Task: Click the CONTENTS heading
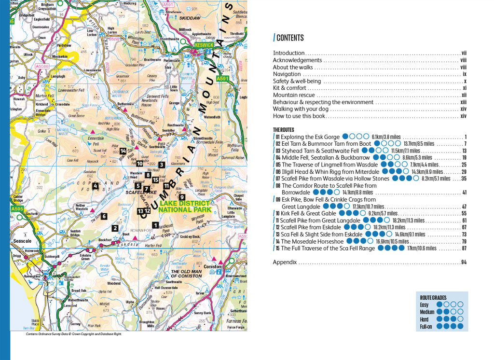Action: [290, 38]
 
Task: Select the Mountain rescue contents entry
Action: [294, 95]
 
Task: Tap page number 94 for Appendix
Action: [463, 263]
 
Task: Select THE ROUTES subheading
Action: [284, 130]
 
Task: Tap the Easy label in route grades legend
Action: [424, 305]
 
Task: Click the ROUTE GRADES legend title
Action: [433, 298]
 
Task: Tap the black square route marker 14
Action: [123, 151]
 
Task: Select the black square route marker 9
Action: [182, 197]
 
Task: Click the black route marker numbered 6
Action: [104, 217]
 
